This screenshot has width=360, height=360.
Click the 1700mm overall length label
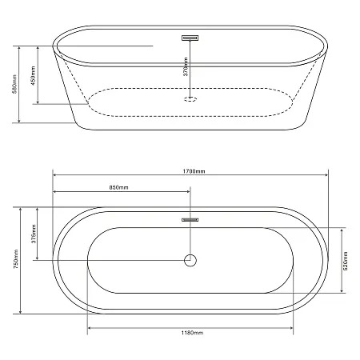coord(194,171)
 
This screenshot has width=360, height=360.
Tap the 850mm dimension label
coord(118,187)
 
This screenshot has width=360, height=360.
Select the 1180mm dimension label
coord(192,333)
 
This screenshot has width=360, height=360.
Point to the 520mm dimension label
coord(346,261)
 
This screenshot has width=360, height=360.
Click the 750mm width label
coord(16,259)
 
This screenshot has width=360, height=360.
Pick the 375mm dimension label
coord(34,234)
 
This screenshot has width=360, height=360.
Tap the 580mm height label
coord(15,84)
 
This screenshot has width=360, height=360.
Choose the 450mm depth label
coord(33,75)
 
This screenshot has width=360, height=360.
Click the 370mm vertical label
coord(186,66)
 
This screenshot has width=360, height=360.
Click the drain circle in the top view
coord(190,260)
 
